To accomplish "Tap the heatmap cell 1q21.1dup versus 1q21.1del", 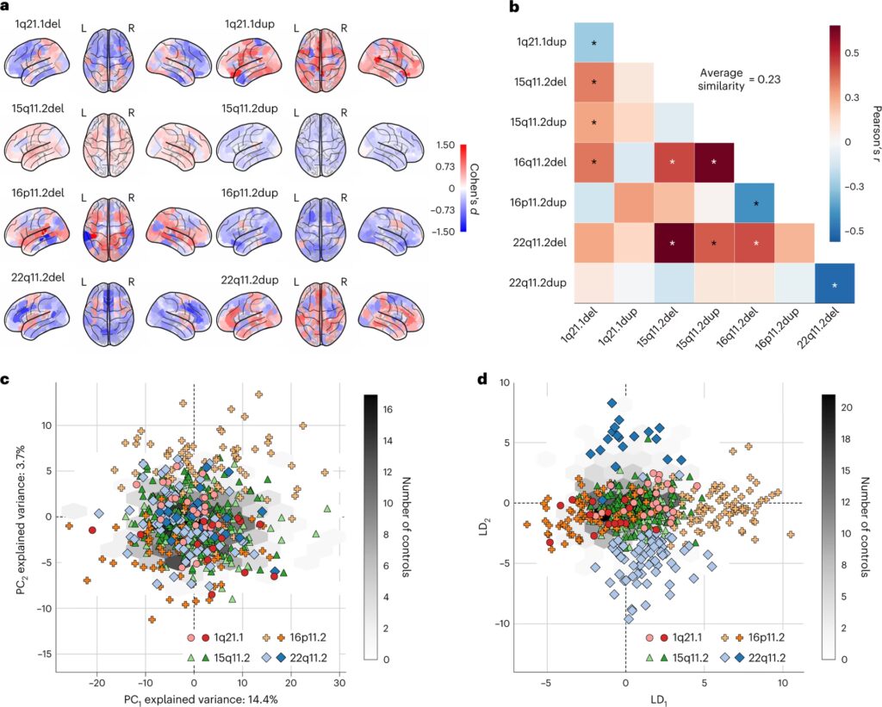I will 588,41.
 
